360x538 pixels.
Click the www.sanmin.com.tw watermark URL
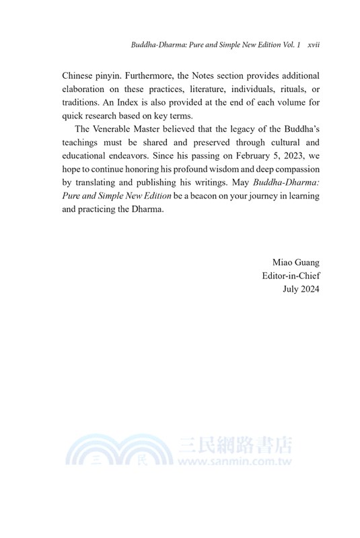coord(236,463)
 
